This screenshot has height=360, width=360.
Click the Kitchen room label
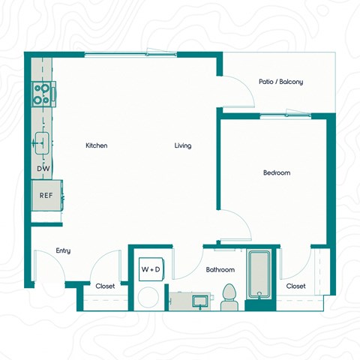coord(97,145)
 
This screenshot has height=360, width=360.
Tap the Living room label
coord(183,145)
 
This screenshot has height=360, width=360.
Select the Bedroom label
coord(276,172)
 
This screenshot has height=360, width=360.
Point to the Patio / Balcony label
coord(281,82)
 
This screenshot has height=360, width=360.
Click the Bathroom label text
coord(220,269)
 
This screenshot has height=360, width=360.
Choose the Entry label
coord(63,250)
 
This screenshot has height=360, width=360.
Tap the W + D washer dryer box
coord(150,268)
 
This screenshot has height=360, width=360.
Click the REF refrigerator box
coord(46,198)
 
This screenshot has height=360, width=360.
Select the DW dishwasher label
coord(43,169)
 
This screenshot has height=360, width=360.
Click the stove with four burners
coord(42,94)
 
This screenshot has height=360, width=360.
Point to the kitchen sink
coord(42,141)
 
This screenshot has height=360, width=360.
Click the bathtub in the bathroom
coord(259,274)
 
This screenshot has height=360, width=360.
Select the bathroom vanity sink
coord(200,301)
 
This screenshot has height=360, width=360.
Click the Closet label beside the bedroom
coord(296,286)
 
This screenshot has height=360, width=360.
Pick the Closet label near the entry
coord(105,286)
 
